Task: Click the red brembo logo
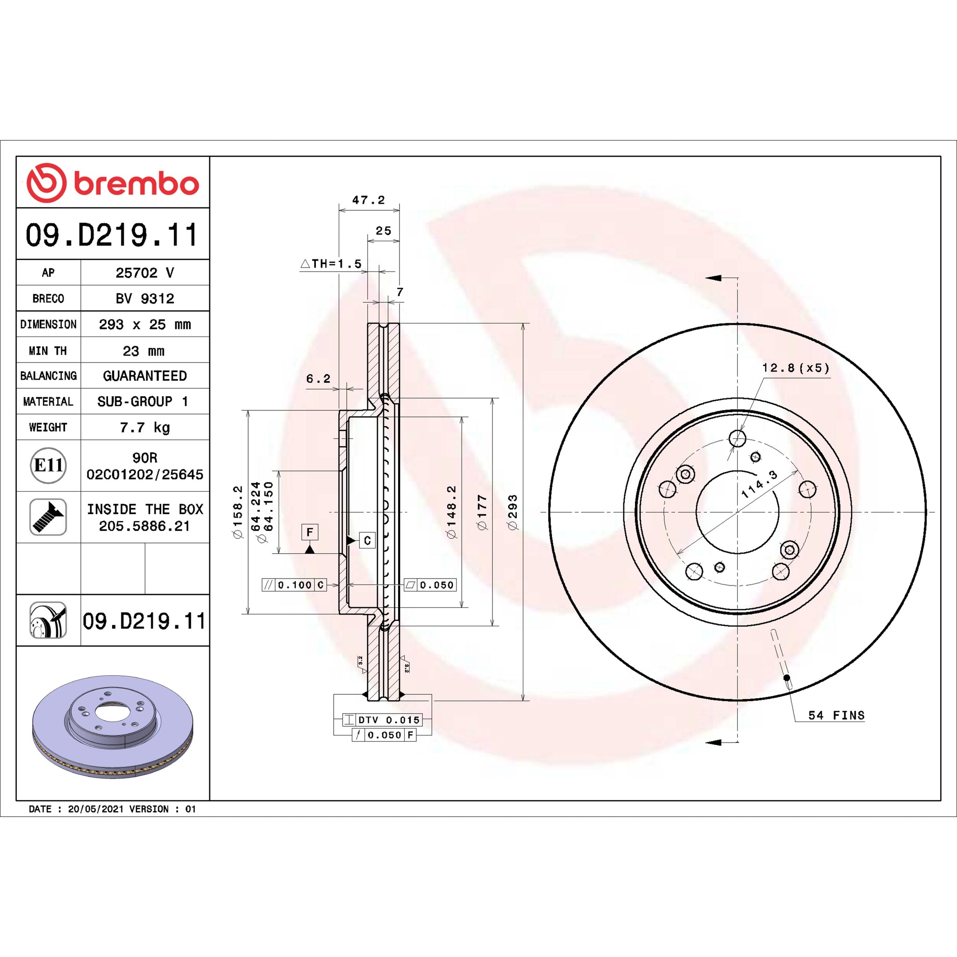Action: point(113,183)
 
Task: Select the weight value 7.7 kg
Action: point(145,427)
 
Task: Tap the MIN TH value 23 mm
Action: point(143,351)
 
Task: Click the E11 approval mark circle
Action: point(48,465)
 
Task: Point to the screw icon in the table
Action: point(48,517)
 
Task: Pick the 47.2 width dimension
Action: point(369,200)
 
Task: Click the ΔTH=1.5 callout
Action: point(331,264)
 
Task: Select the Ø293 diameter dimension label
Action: point(512,512)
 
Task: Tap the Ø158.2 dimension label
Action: point(238,512)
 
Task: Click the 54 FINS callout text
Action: point(836,715)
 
